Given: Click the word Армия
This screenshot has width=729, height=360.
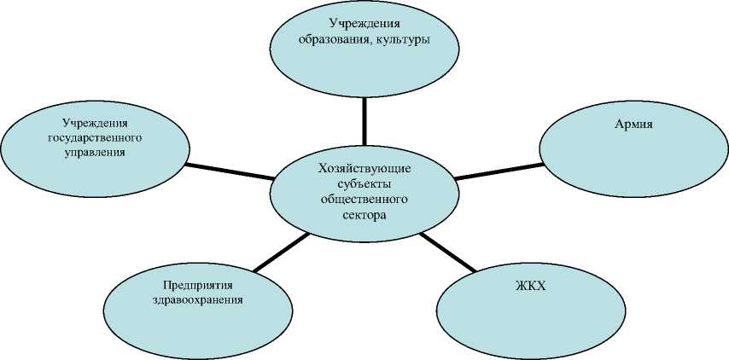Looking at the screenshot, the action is (x=633, y=124).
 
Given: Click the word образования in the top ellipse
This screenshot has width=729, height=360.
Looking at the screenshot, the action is (x=334, y=39).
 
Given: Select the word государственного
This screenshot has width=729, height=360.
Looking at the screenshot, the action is (x=95, y=137).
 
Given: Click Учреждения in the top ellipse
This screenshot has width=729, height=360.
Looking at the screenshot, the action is (x=364, y=24).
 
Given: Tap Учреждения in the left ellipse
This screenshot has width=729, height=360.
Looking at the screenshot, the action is (x=95, y=123).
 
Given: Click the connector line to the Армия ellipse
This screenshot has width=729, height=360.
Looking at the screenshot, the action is (x=499, y=171).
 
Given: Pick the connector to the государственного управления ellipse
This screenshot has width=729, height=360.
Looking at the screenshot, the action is (x=229, y=171).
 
